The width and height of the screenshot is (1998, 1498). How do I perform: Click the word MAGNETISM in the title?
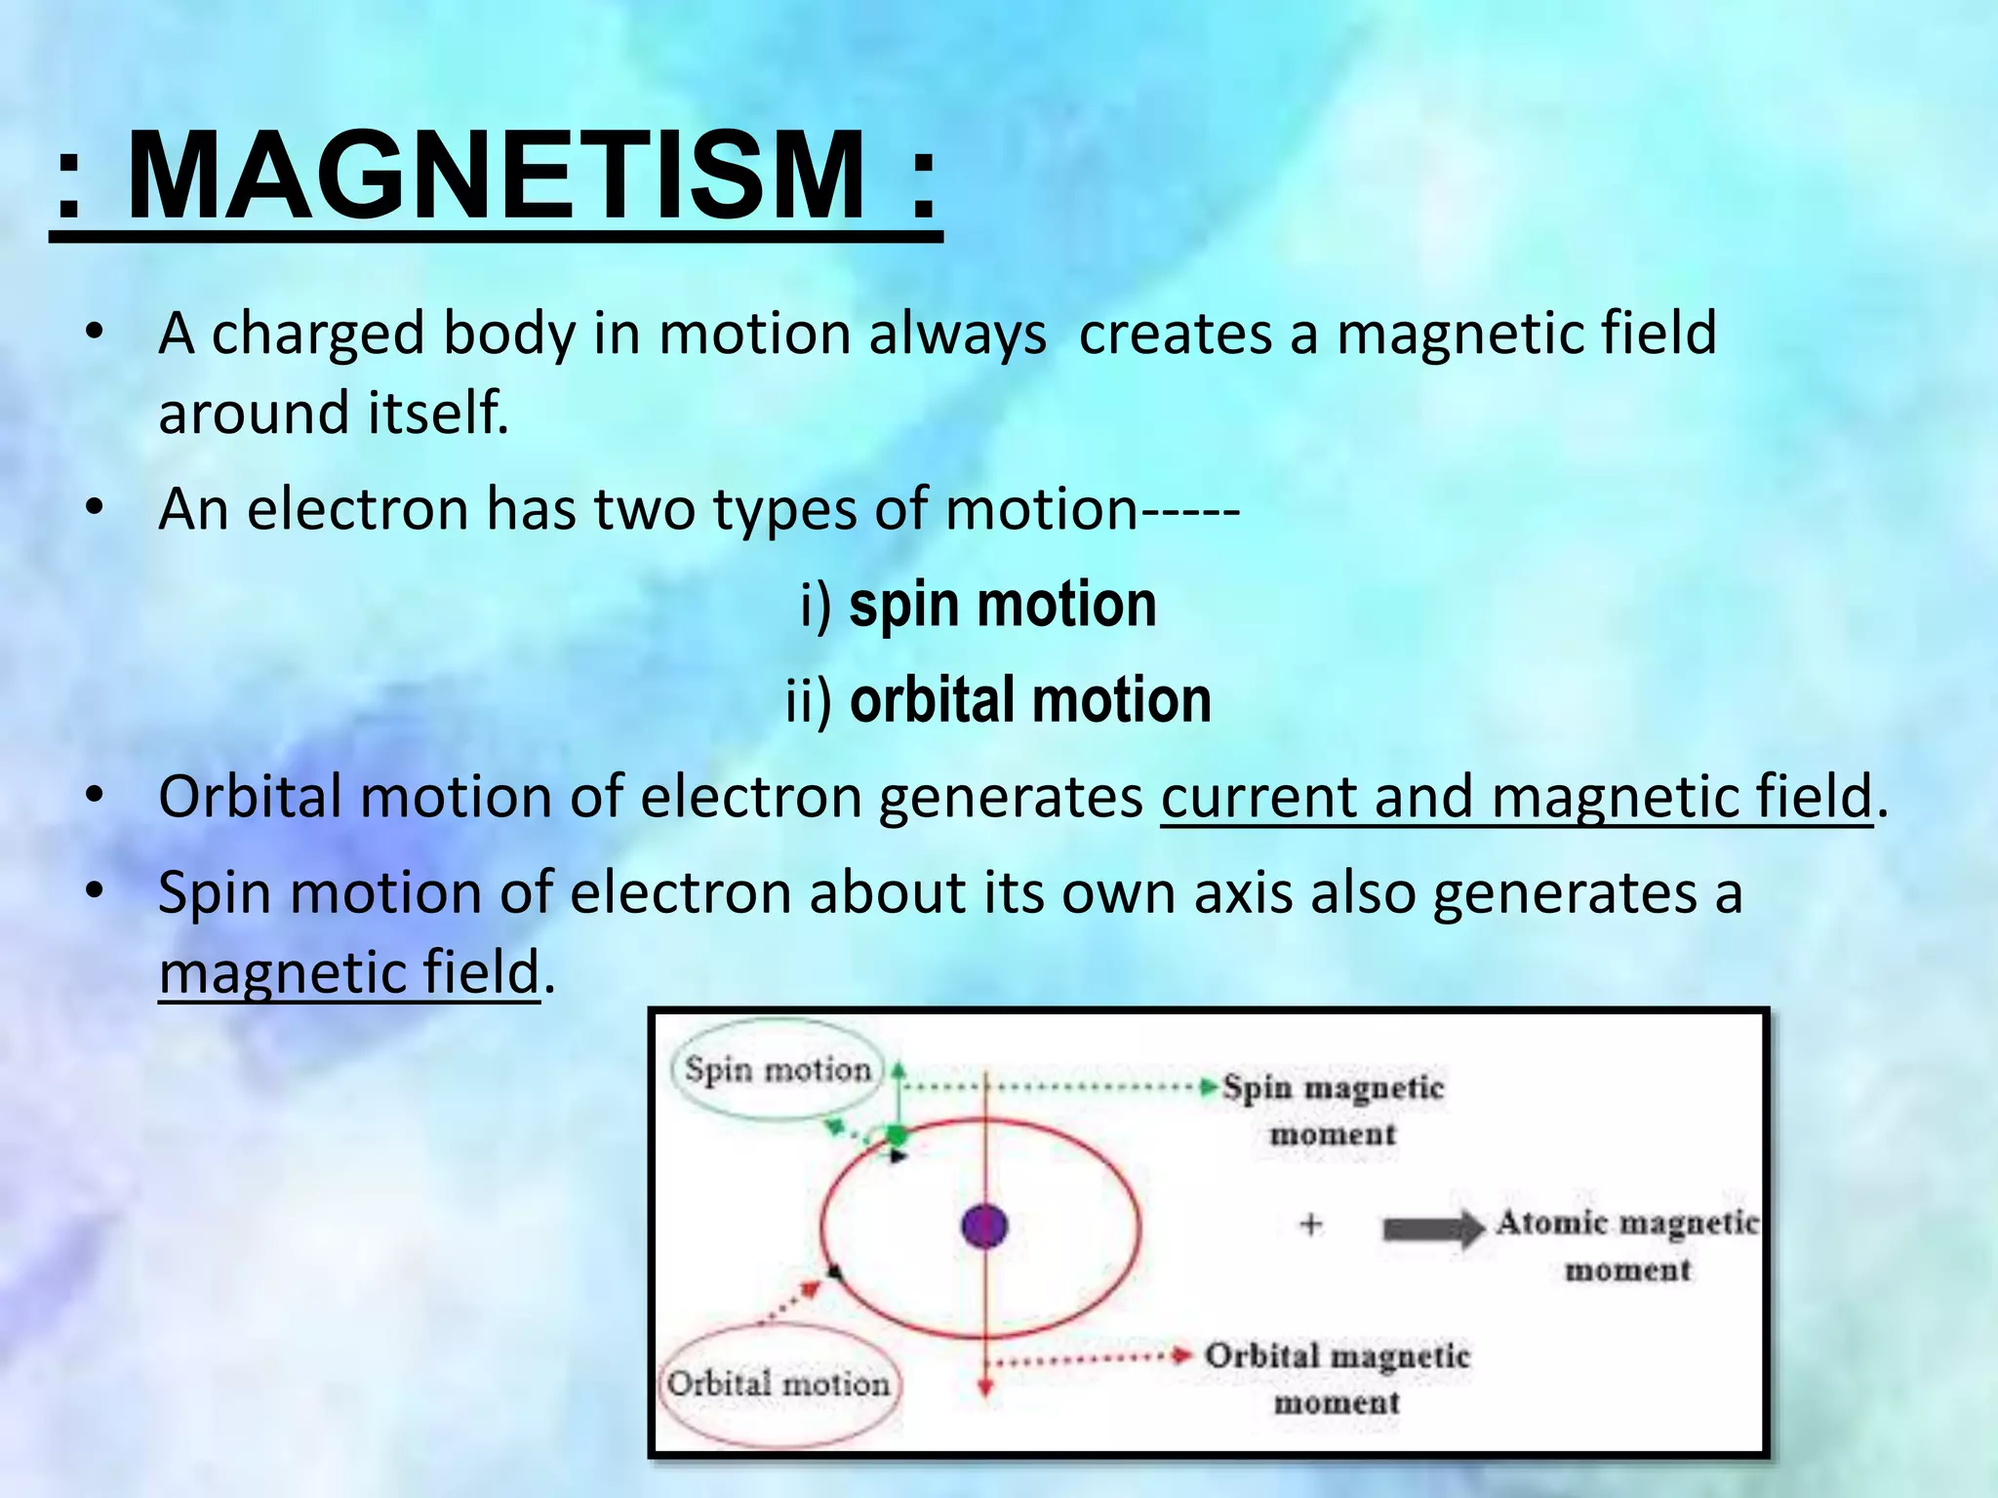click(x=496, y=177)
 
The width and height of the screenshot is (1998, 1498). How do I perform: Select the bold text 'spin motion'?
click(x=1002, y=605)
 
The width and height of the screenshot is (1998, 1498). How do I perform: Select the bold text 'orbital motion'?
click(x=1030, y=700)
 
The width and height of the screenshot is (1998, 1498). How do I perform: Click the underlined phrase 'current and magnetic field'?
click(x=1516, y=797)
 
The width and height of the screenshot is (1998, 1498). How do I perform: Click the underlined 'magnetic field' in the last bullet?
click(x=349, y=972)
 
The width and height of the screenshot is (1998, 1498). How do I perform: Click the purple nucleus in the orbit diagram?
click(x=983, y=1226)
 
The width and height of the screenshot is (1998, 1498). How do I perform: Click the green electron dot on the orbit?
click(x=896, y=1135)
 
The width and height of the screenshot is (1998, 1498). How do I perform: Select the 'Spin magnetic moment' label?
click(x=1333, y=1110)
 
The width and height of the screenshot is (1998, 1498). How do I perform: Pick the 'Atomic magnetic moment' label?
click(x=1627, y=1245)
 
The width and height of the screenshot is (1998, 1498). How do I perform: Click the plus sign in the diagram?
click(x=1311, y=1224)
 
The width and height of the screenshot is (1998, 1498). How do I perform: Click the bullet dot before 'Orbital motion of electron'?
click(x=94, y=796)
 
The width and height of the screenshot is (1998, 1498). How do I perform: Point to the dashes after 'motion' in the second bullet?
click(x=1189, y=510)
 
